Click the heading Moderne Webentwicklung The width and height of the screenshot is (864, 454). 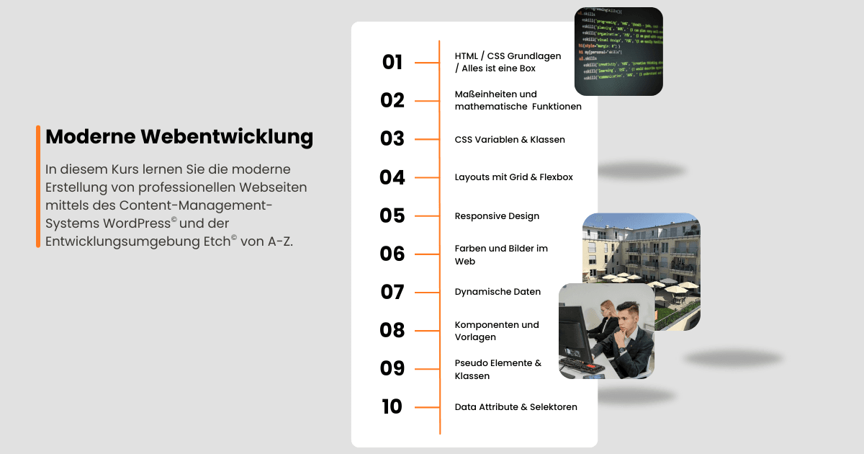179,137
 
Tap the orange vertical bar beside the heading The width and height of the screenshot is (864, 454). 38,186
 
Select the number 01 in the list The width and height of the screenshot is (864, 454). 392,63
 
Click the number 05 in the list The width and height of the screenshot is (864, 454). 392,215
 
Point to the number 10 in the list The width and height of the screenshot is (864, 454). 392,407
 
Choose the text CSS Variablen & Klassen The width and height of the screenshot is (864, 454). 510,140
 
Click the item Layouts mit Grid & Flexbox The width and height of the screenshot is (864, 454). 513,177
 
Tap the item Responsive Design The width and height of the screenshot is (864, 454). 497,216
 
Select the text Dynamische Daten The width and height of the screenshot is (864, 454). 498,292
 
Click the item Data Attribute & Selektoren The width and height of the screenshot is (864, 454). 516,407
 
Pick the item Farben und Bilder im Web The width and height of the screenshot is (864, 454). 501,254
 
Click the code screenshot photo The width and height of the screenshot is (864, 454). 618,51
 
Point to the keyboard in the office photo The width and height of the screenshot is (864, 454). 581,364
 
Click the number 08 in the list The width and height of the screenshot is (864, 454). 392,330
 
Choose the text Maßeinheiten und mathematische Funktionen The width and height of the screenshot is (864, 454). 518,100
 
